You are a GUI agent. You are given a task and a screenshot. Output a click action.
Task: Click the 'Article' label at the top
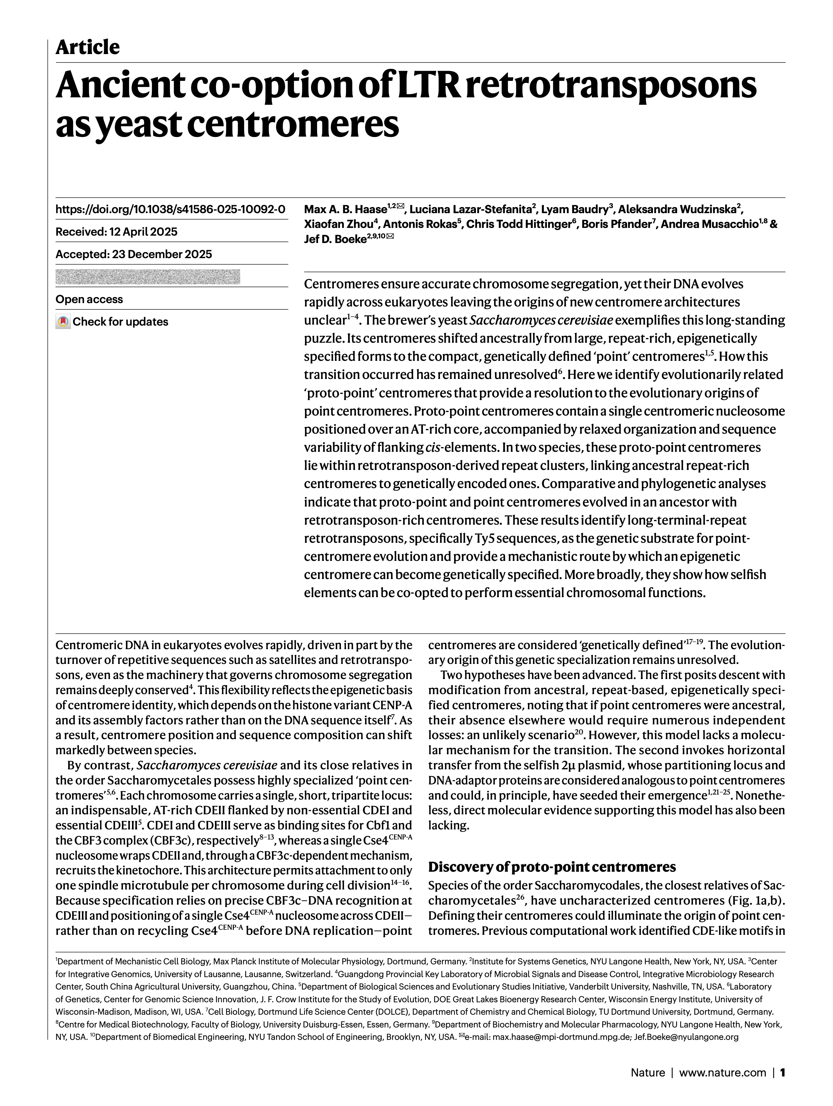(x=88, y=48)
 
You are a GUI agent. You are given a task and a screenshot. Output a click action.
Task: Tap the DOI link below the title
(x=170, y=209)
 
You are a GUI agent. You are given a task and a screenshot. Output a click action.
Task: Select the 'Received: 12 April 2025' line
(x=117, y=232)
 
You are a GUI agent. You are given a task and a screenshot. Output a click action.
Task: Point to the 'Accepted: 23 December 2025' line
(x=134, y=254)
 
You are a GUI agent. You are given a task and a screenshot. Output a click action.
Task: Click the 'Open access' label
(x=89, y=299)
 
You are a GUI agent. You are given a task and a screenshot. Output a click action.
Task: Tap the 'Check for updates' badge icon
(x=62, y=322)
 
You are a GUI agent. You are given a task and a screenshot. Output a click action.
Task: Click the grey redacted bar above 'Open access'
(x=147, y=277)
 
